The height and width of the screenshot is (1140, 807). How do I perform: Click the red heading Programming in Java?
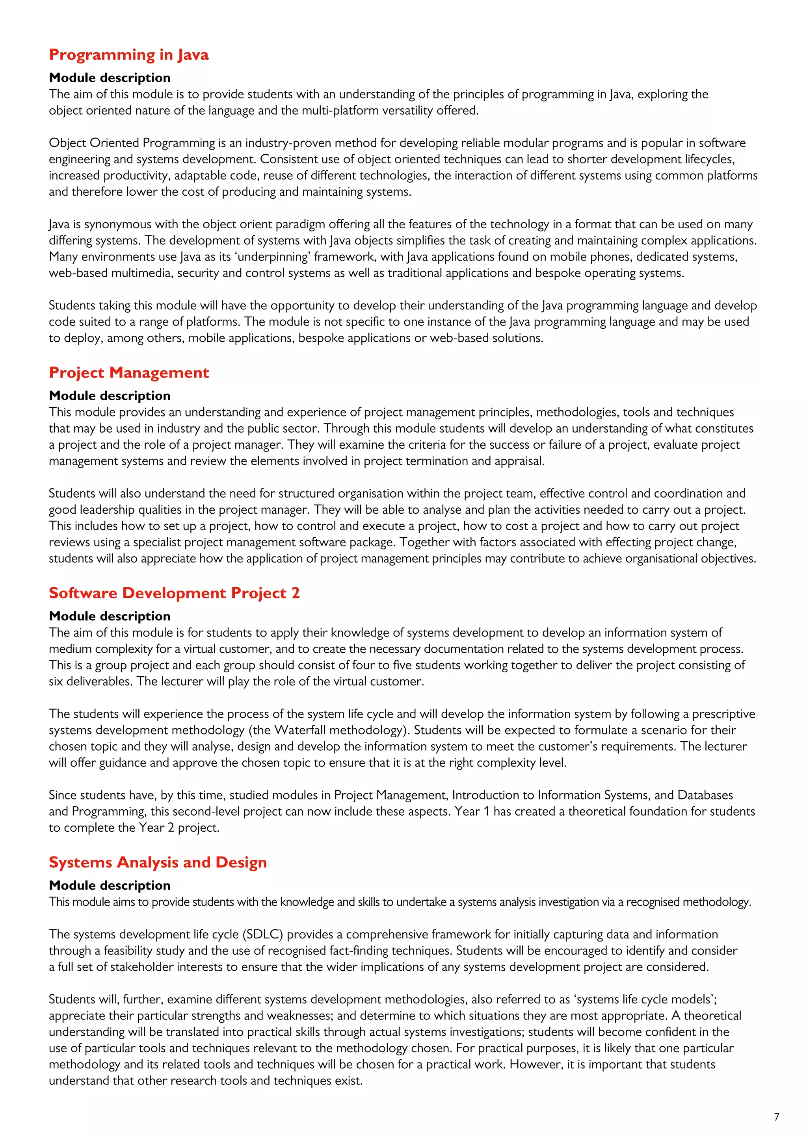click(129, 55)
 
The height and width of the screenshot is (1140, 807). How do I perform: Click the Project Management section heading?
click(129, 372)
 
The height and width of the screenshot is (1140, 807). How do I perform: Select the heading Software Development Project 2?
click(174, 593)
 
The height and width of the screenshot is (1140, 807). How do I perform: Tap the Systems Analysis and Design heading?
click(158, 862)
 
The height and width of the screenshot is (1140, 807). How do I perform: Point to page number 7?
click(777, 1117)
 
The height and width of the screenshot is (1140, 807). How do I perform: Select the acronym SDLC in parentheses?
click(263, 935)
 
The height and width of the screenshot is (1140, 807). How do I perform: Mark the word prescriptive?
click(723, 714)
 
